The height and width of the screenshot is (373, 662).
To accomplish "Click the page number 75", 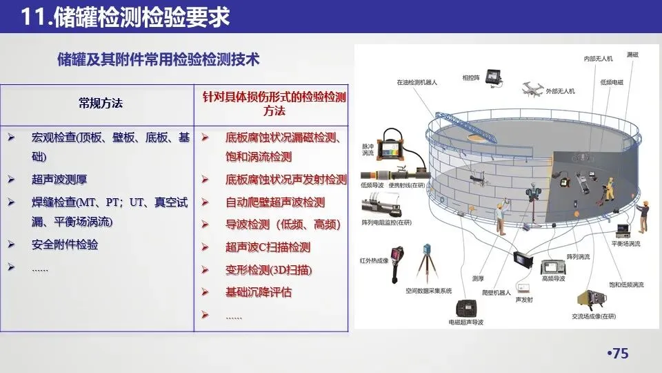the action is [618, 354].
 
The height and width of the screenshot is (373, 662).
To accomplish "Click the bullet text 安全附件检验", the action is [65, 245].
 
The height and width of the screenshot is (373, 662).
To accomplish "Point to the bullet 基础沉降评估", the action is [259, 292].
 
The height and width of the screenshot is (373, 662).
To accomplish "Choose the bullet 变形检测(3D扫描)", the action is [268, 269].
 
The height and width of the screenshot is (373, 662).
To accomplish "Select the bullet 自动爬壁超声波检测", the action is [275, 202].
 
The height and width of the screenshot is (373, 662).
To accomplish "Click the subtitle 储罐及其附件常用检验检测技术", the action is [159, 59].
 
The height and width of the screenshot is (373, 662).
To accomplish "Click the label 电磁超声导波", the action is [466, 322].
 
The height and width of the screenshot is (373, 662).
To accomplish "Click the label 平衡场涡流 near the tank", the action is [625, 244].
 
